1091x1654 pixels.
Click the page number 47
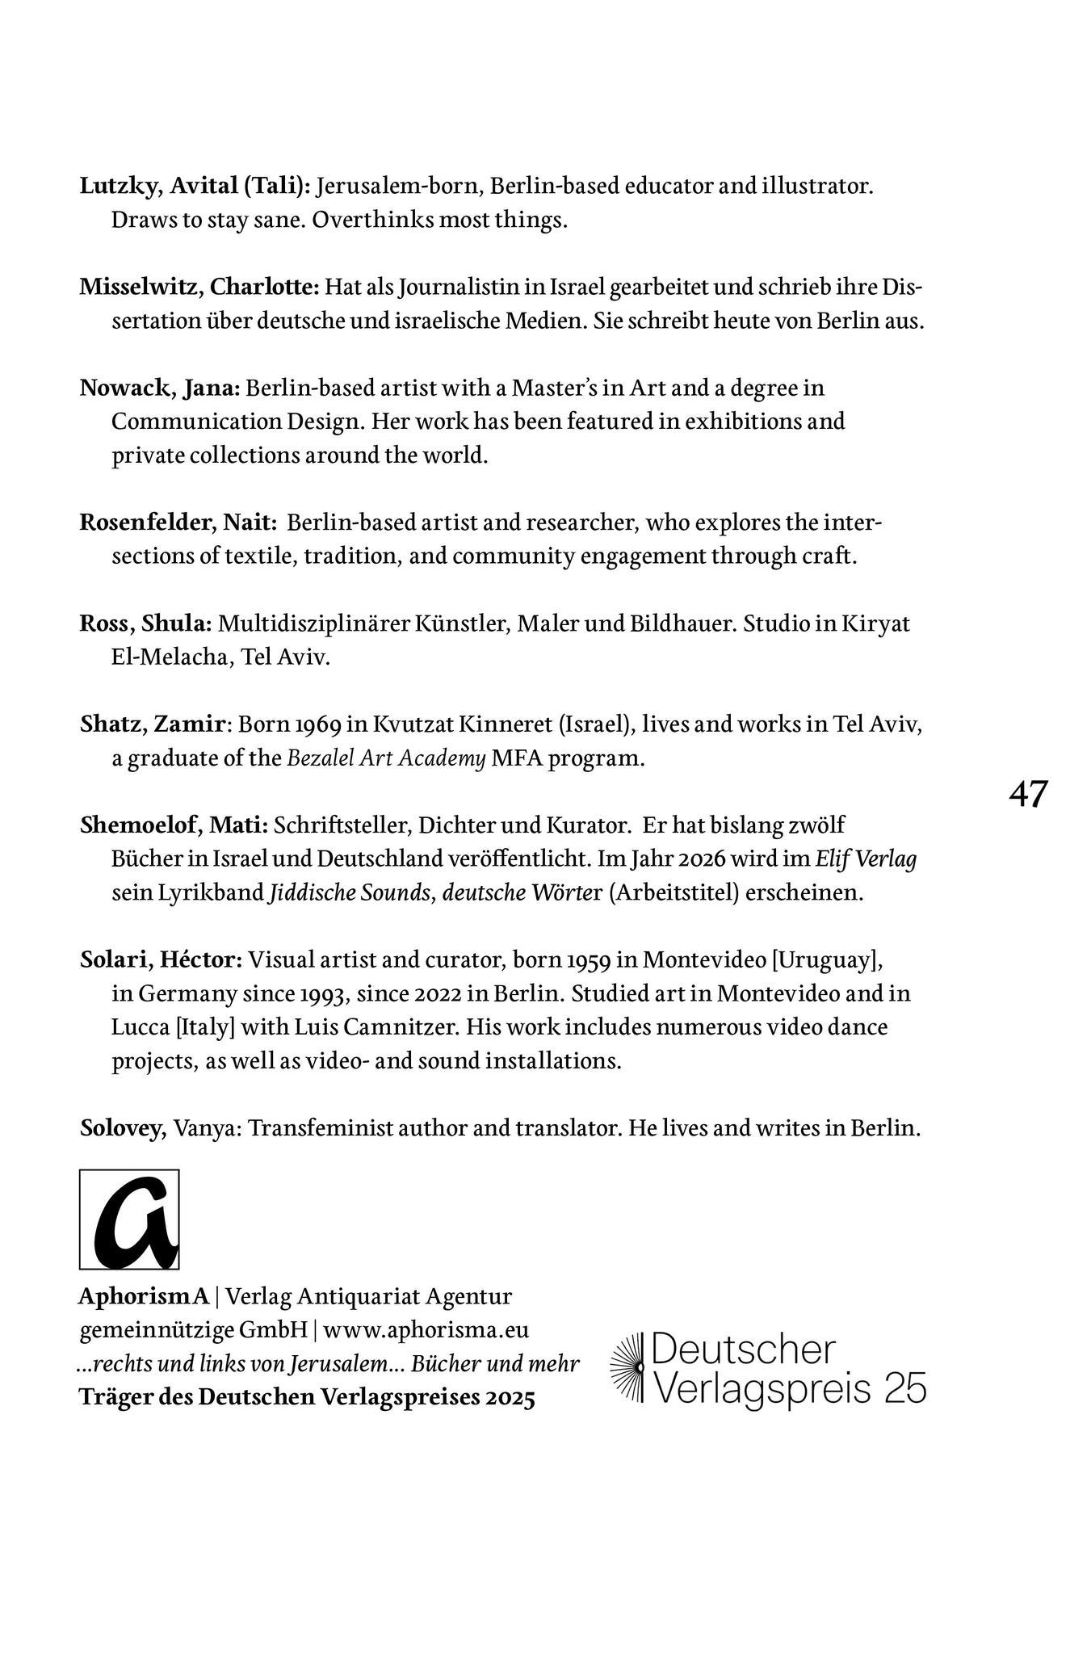(x=1028, y=795)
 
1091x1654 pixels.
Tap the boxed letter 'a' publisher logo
(x=129, y=1220)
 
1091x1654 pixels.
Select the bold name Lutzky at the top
(x=122, y=187)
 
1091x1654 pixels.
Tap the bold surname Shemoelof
(x=141, y=825)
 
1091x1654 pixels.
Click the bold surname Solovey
(x=121, y=1128)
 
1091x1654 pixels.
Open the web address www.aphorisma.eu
(x=426, y=1330)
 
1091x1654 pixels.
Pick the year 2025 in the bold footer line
(x=511, y=1398)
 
